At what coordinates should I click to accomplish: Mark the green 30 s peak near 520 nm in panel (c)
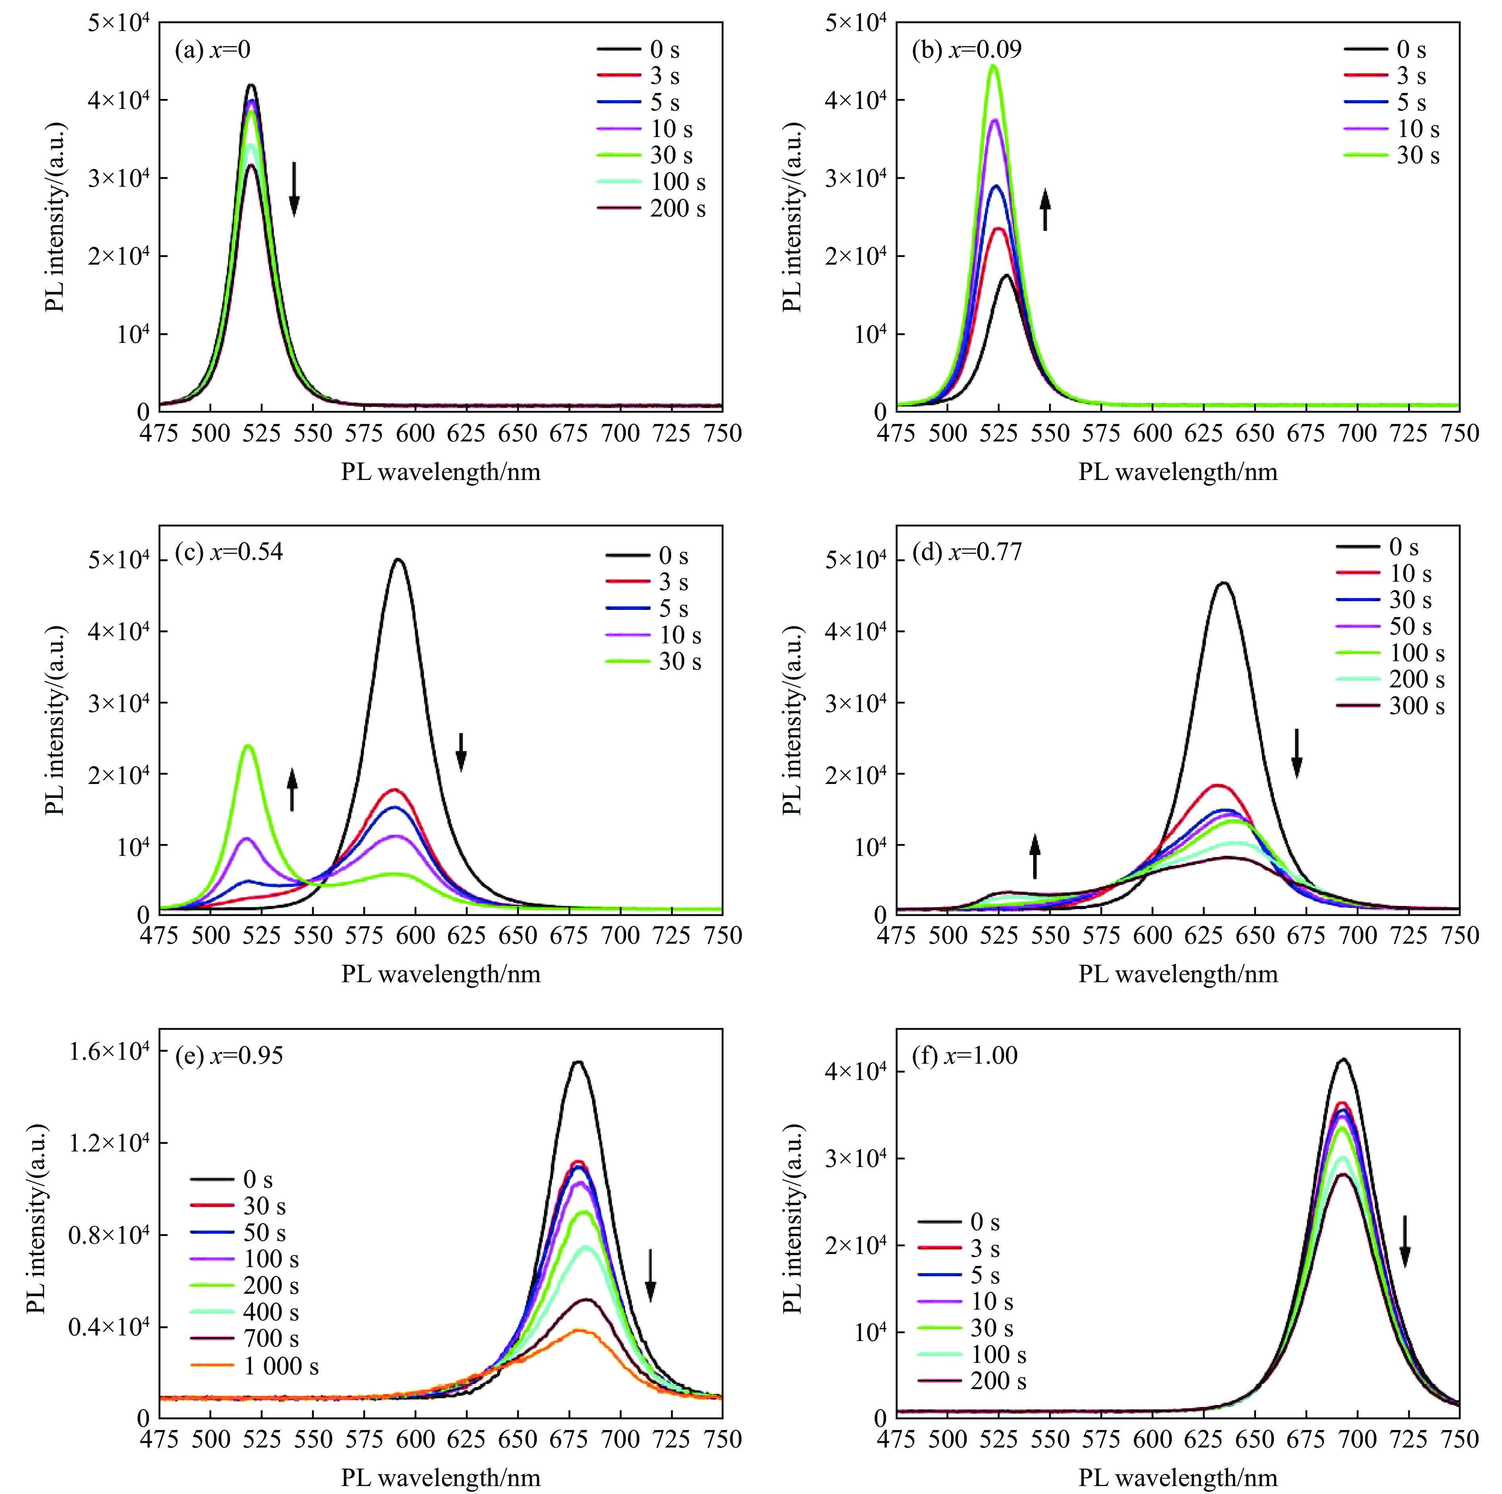tap(249, 746)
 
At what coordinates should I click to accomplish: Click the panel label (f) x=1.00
tap(964, 1056)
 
